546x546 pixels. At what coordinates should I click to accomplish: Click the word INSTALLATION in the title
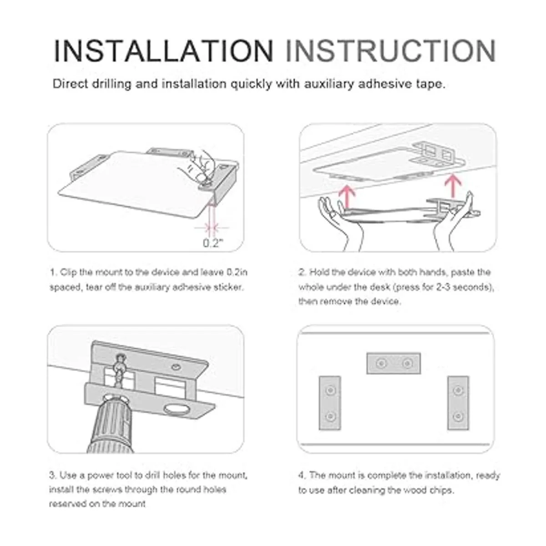[x=163, y=51]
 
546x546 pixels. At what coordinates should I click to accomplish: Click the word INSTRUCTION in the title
[x=391, y=51]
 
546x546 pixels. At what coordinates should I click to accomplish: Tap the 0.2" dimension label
[x=213, y=243]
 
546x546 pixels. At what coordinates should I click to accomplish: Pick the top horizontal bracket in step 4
[x=394, y=363]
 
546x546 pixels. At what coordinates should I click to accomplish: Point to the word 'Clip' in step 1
[x=68, y=273]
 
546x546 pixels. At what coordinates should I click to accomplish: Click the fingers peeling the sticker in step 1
[x=202, y=167]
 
